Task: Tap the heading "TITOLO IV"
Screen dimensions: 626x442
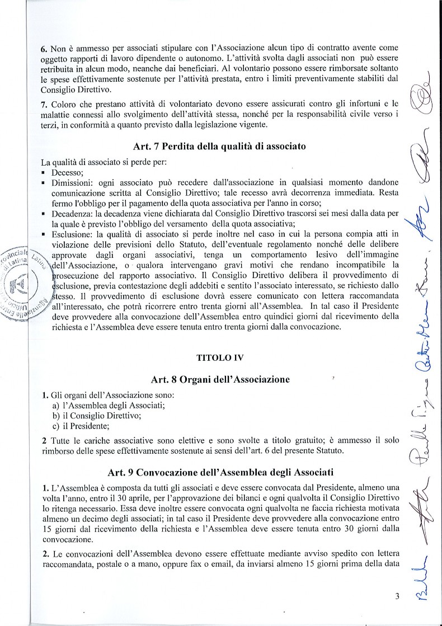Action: pyautogui.click(x=220, y=356)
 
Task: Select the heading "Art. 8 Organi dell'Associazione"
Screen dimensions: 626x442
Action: pyautogui.click(x=220, y=379)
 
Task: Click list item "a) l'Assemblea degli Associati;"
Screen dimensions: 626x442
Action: pyautogui.click(x=112, y=405)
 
